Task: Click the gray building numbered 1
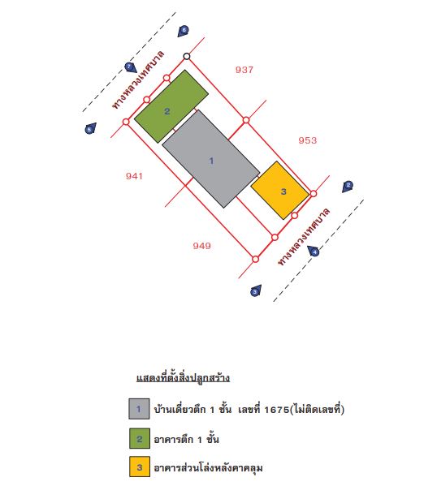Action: point(211,159)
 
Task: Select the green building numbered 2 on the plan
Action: point(171,106)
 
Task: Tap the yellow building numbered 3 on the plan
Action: point(280,191)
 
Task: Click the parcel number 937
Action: point(244,70)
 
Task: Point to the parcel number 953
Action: point(307,140)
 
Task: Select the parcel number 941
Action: point(134,176)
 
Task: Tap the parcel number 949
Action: point(201,246)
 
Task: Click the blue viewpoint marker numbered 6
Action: point(184,31)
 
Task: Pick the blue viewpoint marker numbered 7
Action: point(130,67)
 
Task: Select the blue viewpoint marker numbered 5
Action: point(90,128)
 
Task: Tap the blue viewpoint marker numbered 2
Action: point(348,187)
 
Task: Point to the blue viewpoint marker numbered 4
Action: point(314,251)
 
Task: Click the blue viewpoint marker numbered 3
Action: point(256,290)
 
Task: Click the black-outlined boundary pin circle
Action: point(187,56)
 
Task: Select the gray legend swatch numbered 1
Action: point(139,409)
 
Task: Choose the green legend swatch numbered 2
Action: point(140,438)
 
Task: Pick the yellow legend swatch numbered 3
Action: point(140,467)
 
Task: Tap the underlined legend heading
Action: point(184,378)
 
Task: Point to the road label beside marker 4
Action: point(304,236)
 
